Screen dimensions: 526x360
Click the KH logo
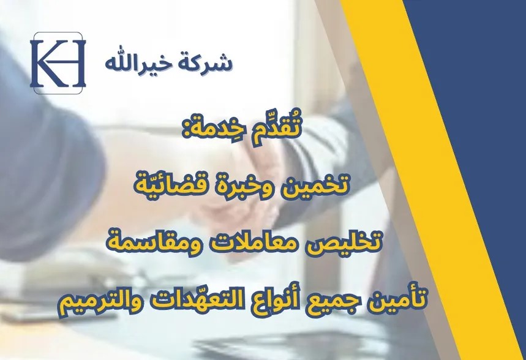(58, 63)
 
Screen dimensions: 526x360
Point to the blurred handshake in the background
(241, 188)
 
